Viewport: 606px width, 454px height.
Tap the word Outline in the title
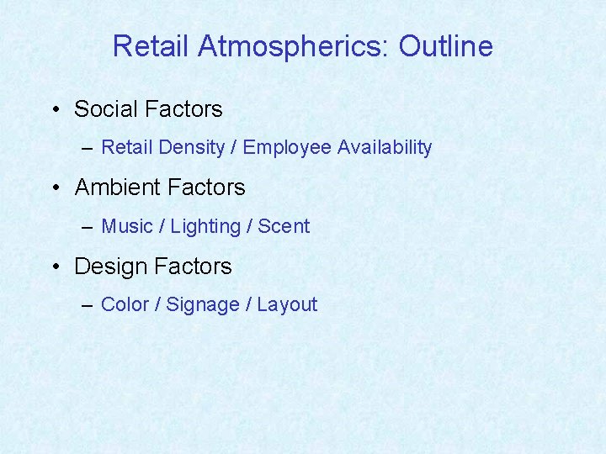(x=445, y=46)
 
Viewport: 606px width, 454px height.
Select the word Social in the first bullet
(x=106, y=109)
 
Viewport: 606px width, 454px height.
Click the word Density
(x=191, y=148)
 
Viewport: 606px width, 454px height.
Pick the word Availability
(x=385, y=148)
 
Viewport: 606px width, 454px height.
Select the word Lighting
(x=205, y=227)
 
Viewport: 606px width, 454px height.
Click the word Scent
(x=284, y=226)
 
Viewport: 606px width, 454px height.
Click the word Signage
(x=203, y=305)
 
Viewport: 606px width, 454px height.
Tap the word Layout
(x=287, y=305)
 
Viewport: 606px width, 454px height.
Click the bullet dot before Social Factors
(x=54, y=110)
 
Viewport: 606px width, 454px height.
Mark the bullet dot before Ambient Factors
(x=54, y=188)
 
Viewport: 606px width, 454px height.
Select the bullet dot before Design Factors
(x=54, y=267)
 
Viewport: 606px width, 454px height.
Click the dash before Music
(x=88, y=227)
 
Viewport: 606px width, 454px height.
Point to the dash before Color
(x=88, y=305)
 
